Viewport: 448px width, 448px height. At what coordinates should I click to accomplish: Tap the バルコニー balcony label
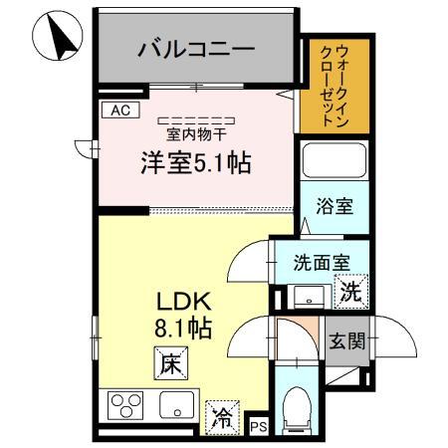coord(196,47)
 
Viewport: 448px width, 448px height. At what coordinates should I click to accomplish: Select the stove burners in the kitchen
coord(126,406)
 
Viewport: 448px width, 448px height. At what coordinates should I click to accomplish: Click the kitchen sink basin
coord(179,406)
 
